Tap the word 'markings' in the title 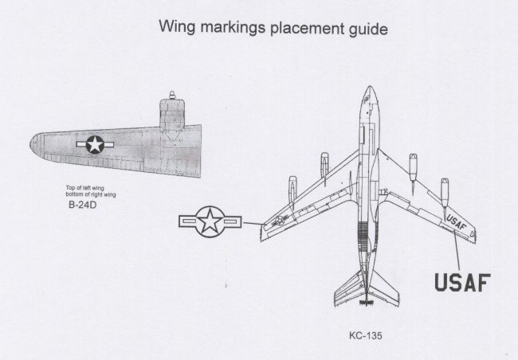(233, 29)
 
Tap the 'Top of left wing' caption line (85, 188)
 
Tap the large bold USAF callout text (461, 282)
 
